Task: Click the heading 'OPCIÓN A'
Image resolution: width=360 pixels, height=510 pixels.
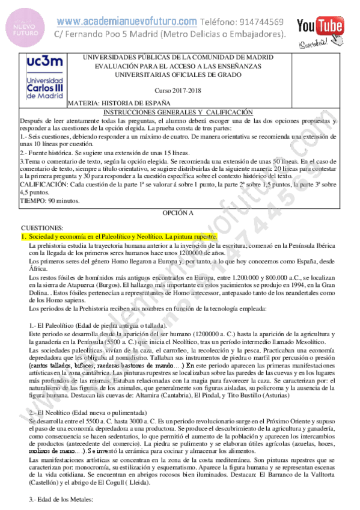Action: pyautogui.click(x=178, y=214)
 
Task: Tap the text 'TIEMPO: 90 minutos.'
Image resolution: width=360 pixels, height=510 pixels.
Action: pyautogui.click(x=50, y=200)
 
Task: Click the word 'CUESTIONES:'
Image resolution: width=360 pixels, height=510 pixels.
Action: pyautogui.click(x=42, y=229)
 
